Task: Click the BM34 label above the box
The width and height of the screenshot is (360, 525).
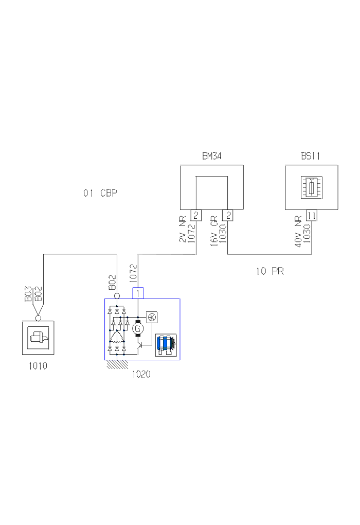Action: [211, 156]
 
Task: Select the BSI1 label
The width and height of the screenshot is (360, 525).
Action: [311, 156]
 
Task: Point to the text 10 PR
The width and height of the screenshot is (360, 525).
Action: [270, 271]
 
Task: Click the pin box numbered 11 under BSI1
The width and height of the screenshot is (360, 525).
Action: [312, 215]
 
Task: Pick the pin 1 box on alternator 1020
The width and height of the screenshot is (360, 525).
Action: [138, 293]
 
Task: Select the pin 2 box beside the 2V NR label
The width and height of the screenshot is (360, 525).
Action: [196, 215]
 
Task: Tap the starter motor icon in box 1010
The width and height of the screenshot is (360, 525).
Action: [38, 337]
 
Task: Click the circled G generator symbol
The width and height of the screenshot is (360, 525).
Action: [137, 327]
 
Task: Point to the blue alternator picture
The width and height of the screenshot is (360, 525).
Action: [166, 344]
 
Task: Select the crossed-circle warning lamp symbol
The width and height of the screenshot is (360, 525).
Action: [151, 317]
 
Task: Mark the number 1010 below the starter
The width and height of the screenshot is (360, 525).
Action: [38, 366]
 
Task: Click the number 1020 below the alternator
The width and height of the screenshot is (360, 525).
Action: [141, 374]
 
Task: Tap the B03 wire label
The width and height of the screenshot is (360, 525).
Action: [29, 294]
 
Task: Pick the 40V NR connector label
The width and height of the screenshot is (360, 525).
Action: [298, 234]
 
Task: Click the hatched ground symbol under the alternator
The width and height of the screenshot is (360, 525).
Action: [118, 364]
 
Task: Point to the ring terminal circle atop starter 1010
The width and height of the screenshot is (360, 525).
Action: [38, 318]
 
